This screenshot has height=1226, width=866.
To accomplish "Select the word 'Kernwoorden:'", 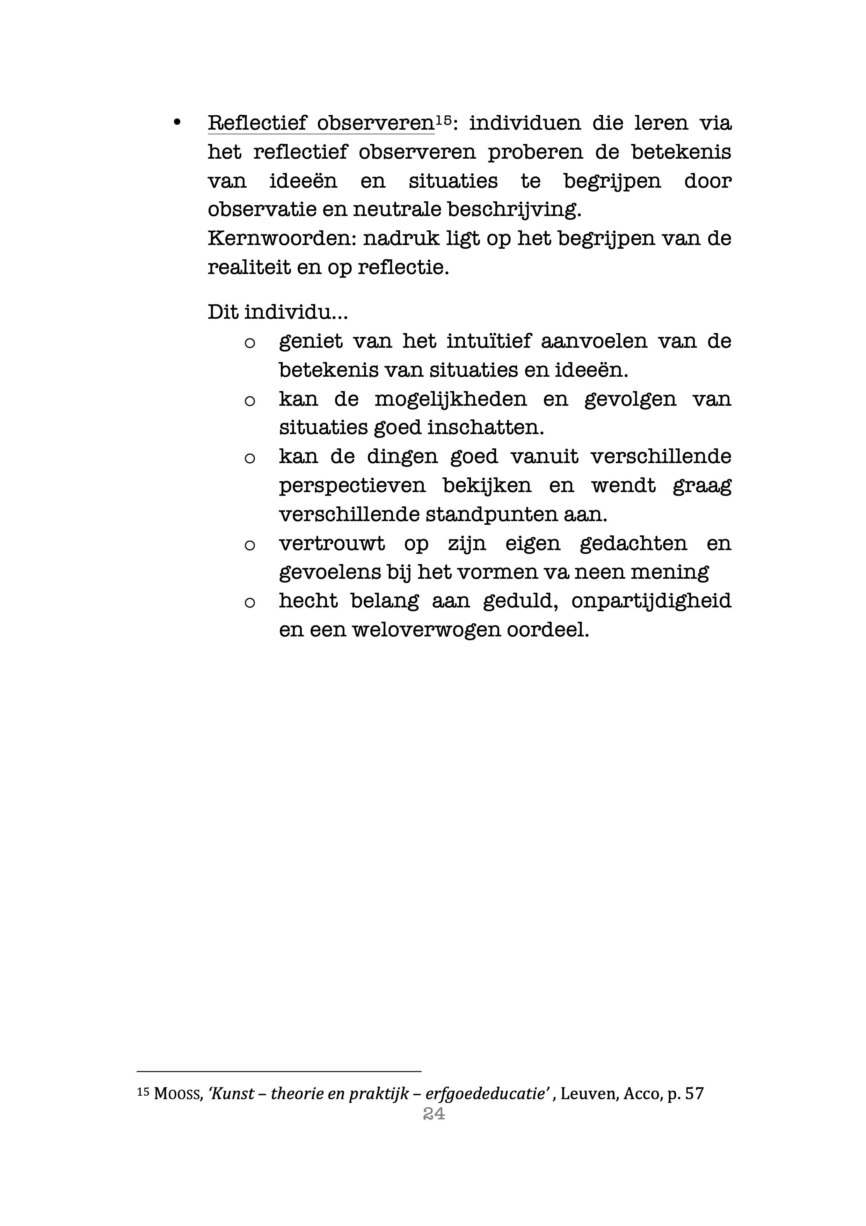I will (x=282, y=238).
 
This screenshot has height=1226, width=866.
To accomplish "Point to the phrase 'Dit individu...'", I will (x=277, y=312).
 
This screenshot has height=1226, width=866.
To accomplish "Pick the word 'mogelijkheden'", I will (x=450, y=399).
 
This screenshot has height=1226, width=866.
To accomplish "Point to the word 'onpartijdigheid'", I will (x=651, y=601).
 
